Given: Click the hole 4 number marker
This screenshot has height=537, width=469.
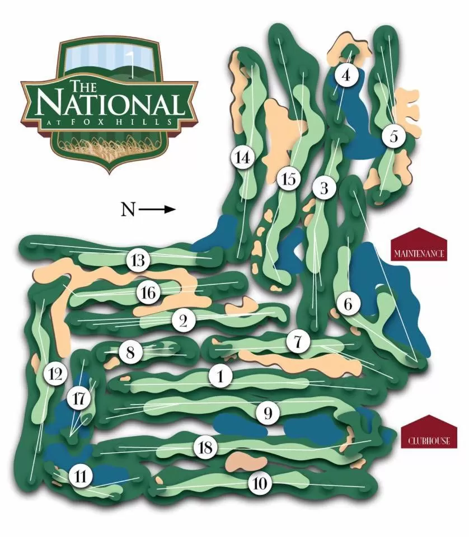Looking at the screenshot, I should pos(345,74).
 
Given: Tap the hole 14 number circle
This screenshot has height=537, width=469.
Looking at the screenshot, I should pos(242,158).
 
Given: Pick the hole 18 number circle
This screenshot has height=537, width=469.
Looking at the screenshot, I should pos(205,447).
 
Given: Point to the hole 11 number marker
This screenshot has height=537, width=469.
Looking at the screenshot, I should pos(81,477).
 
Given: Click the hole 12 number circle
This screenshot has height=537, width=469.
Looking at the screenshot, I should pos(55,374).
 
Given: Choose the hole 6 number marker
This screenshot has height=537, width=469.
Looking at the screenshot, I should pos(348,305).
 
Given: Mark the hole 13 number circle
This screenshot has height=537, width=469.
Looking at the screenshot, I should pos(139,260).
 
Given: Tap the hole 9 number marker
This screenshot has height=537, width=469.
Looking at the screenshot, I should pos(268,413).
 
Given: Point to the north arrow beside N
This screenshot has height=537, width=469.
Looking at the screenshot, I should pos(158,210).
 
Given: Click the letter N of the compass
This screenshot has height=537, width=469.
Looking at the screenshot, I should pos(128,210).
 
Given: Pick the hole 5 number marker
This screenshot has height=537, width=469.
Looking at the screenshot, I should pos(394,136).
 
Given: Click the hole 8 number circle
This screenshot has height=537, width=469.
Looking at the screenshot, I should pos(130,352).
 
